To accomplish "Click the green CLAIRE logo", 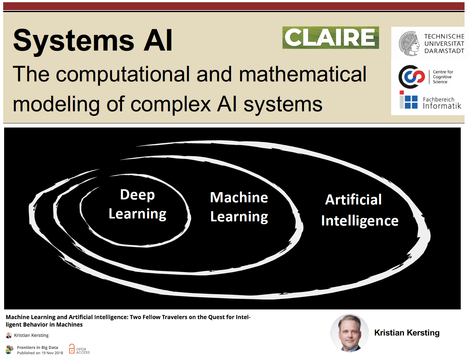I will click(x=330, y=38).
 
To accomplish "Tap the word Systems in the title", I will click(x=74, y=41).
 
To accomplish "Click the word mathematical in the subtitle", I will click(x=302, y=74).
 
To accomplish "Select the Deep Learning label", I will click(x=137, y=204).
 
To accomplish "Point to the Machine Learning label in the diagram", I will click(x=239, y=207).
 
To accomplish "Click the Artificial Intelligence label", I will click(x=359, y=210).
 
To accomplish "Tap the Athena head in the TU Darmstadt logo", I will click(x=409, y=44).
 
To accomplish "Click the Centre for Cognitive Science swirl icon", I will click(x=412, y=77).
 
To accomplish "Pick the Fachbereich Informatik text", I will click(x=442, y=103).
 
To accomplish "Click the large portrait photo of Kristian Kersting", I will click(x=350, y=333).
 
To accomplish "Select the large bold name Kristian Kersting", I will click(x=407, y=333).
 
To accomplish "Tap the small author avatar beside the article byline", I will click(x=9, y=335).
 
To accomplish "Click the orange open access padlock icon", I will click(x=72, y=349).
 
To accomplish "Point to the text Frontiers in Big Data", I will click(x=37, y=347).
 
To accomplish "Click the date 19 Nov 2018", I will click(x=52, y=353).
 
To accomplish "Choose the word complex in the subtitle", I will click(x=171, y=104).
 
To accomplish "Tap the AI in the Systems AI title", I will click(x=158, y=41).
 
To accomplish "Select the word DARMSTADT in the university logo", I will click(x=444, y=51).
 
